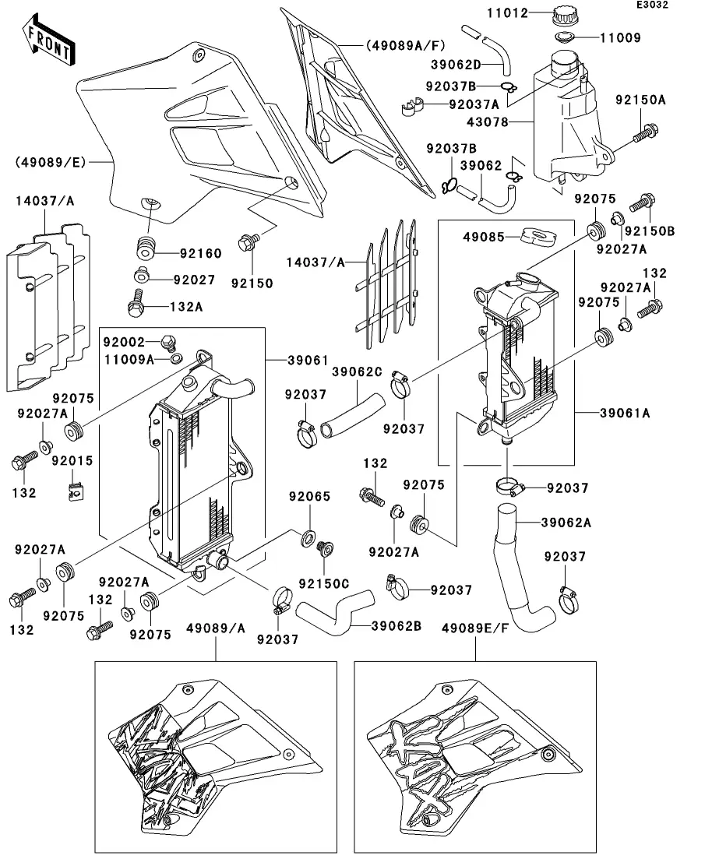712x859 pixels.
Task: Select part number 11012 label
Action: coord(530,13)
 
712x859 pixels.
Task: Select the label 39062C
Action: coord(357,371)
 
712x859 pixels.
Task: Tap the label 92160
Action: coord(201,253)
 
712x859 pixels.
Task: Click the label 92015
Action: coord(72,461)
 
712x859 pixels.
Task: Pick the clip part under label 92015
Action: coord(75,491)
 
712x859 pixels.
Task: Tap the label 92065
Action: coord(310,496)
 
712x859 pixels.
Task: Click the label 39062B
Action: coord(397,625)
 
